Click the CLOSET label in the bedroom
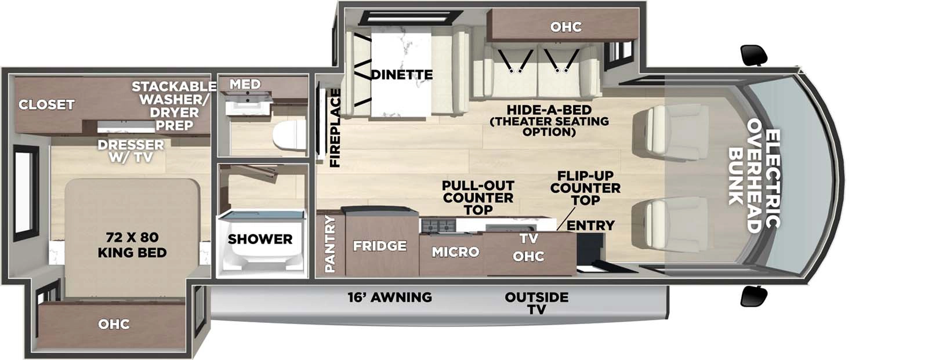(46, 105)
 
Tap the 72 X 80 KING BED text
(132, 245)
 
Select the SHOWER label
(260, 239)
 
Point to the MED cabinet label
(245, 85)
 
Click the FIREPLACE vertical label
(335, 128)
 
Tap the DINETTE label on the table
(401, 75)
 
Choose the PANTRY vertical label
(330, 244)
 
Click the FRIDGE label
(380, 246)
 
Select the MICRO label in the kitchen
(455, 252)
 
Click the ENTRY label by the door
(590, 226)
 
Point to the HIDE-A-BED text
(549, 110)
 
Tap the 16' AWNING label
(390, 297)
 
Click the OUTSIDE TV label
(536, 303)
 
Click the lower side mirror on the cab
(755, 296)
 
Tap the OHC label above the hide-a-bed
(565, 27)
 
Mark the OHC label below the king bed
(114, 324)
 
